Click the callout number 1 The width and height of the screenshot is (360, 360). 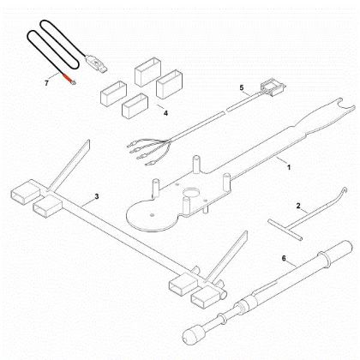(287, 166)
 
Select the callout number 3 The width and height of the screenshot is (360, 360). (97, 197)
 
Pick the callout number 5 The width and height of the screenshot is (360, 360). (242, 87)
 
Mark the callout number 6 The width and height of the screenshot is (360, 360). (284, 257)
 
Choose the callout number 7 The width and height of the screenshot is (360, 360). (47, 82)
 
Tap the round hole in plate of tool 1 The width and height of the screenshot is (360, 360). (189, 192)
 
